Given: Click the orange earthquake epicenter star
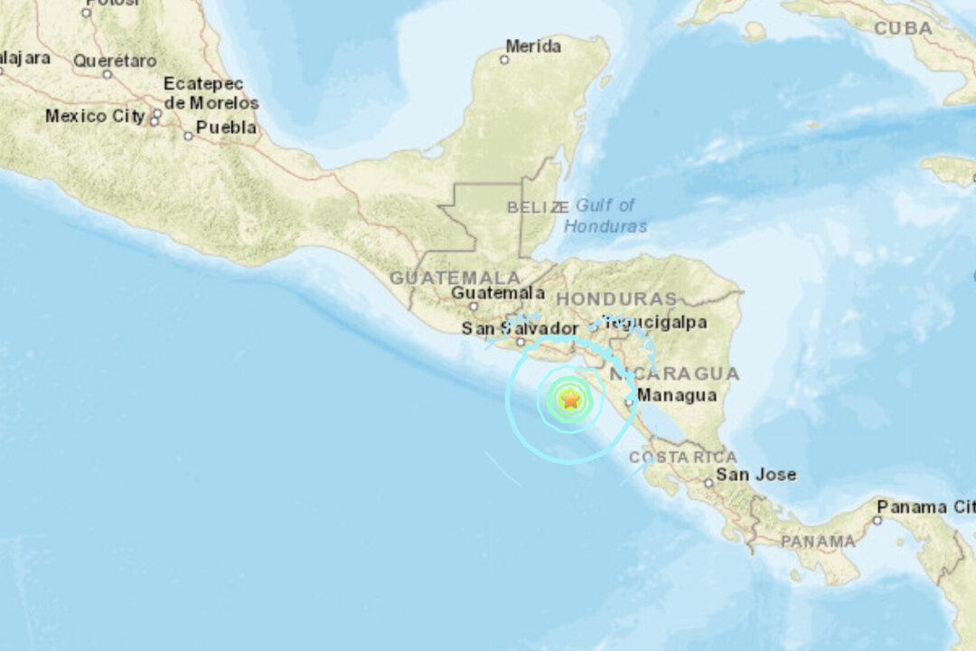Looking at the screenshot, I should pos(570,399).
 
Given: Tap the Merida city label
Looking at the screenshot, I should pos(533,45).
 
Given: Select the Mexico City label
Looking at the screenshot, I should pos(95,116).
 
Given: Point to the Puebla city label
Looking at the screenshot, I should pos(226,127).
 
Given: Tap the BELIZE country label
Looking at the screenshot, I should pos(537,207).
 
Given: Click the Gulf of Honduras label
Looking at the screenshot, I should pos(605,215).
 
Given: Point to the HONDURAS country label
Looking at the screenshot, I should pos(616,298).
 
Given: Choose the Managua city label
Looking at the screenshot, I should pos(677,395).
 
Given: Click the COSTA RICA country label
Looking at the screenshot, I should pos(682,458).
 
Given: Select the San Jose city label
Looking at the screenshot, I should pos(756,475).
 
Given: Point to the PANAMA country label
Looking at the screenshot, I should pos(818,541).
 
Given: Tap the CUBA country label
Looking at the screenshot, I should pos(903,28).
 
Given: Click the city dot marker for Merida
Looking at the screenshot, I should pos(504,60).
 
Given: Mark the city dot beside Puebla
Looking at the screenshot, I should pos(188,137).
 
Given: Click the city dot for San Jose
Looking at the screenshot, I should pos(709,483).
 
